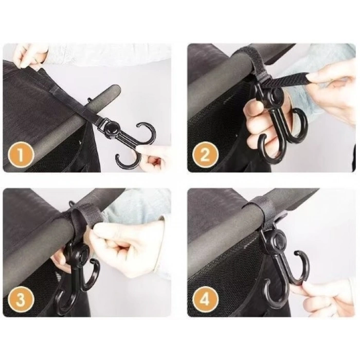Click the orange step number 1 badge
point(21,155)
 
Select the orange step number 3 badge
point(21,299)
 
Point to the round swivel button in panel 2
point(276,95)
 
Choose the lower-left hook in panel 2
point(270,149)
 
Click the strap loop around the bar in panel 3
point(79,221)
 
